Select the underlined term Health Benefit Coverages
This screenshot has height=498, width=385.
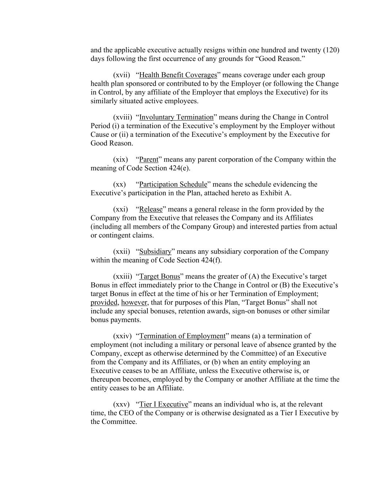[178, 75]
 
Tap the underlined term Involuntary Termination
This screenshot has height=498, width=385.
[176, 117]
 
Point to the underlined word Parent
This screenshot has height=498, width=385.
[149, 159]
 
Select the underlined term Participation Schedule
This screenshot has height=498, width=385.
[173, 184]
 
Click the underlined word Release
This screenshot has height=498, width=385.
[151, 209]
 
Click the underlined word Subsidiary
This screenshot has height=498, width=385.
[155, 252]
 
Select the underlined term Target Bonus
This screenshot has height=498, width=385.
[160, 277]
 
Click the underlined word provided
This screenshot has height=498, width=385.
[104, 302]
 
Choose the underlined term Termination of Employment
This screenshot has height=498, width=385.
[182, 336]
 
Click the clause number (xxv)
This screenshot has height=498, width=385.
[122, 405]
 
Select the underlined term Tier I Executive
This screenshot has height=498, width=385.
[163, 405]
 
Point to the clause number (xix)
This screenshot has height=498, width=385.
[120, 159]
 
